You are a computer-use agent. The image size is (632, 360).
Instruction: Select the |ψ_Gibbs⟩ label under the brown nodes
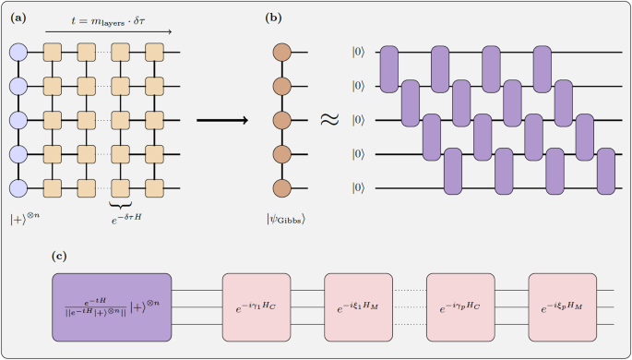[284, 220]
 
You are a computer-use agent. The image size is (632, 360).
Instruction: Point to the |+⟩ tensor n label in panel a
[24, 220]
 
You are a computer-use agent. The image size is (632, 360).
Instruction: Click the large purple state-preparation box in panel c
[112, 298]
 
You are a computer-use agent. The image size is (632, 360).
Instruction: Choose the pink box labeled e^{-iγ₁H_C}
[256, 298]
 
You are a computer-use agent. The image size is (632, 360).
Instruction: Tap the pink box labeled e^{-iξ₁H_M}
[358, 298]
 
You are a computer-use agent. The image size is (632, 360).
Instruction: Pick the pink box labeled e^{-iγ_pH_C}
[459, 298]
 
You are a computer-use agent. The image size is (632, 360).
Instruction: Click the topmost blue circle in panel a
[18, 53]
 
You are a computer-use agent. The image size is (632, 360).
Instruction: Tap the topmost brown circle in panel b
[282, 53]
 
